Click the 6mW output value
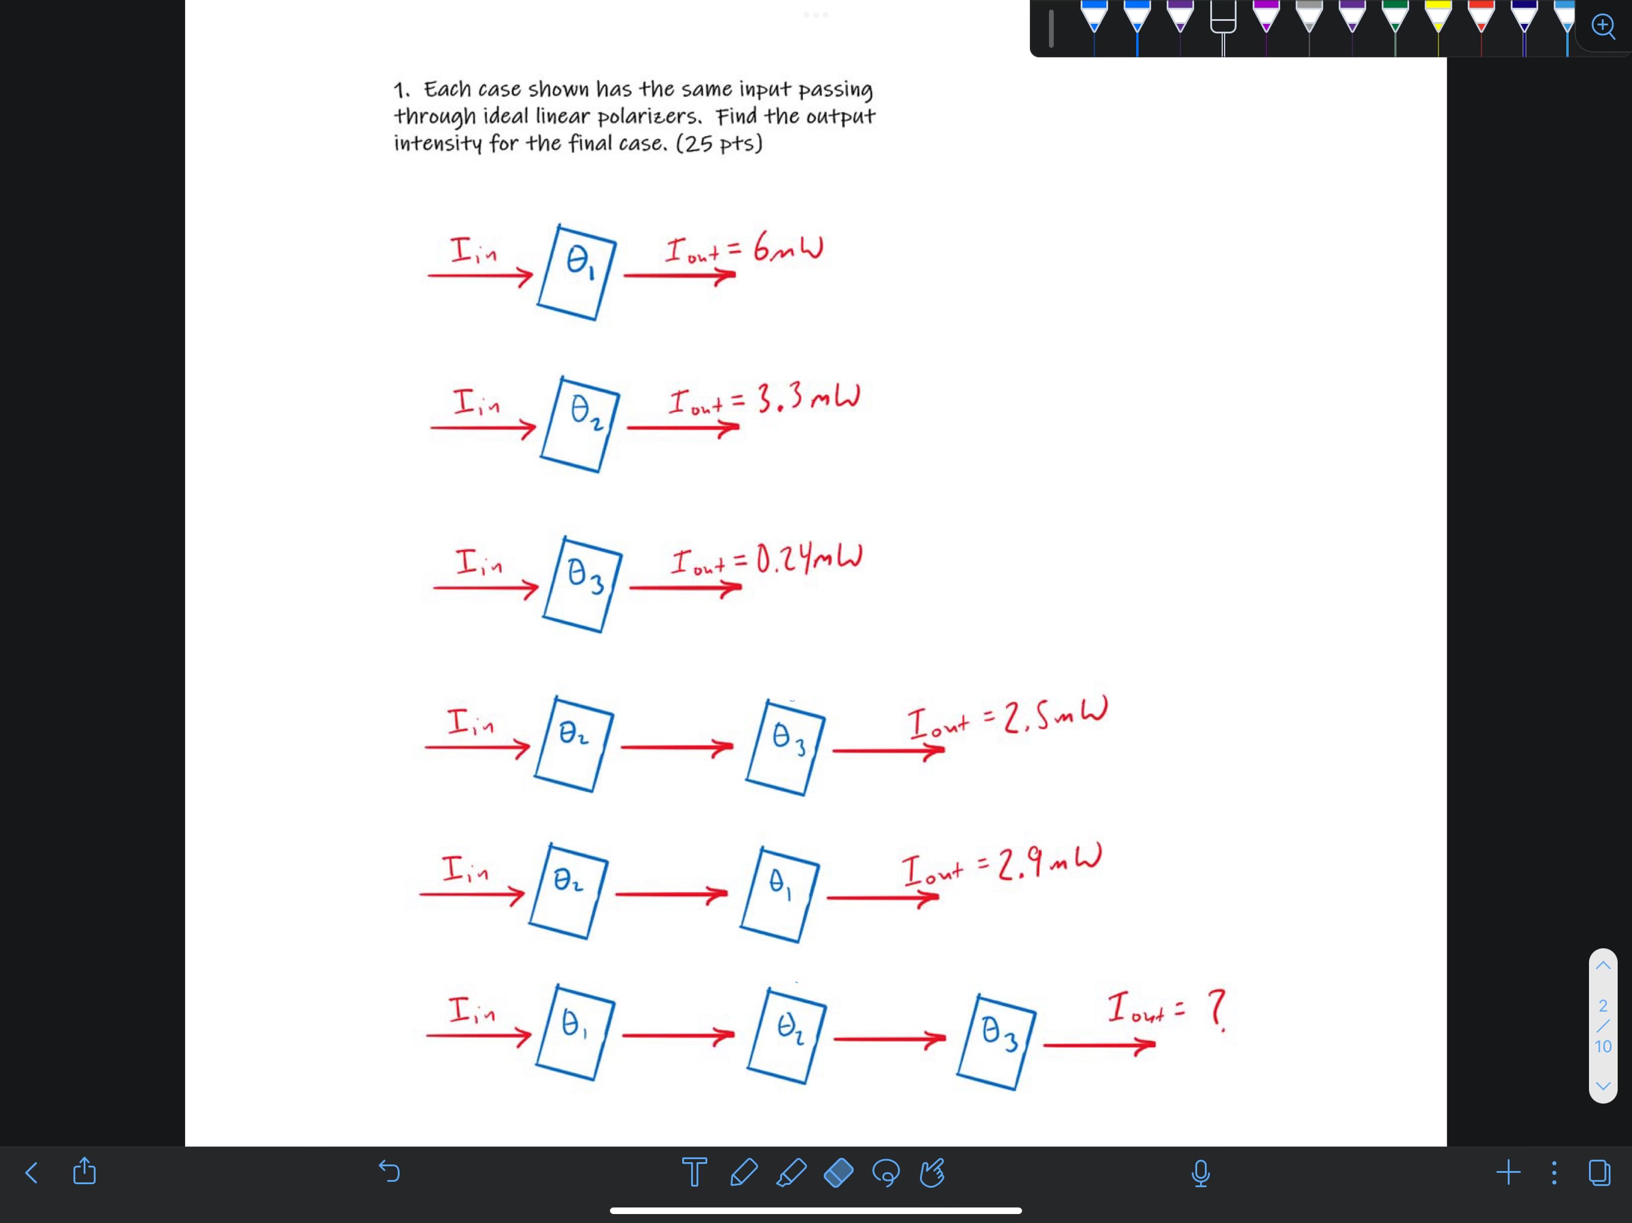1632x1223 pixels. click(x=788, y=248)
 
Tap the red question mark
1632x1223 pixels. click(x=1217, y=1010)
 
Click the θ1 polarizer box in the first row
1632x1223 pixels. click(x=577, y=273)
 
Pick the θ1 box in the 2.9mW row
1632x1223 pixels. click(x=780, y=894)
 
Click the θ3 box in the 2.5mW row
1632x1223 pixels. click(x=786, y=747)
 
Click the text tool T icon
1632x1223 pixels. click(x=694, y=1172)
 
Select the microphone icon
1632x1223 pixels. click(x=1200, y=1172)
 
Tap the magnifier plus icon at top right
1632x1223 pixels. click(x=1603, y=26)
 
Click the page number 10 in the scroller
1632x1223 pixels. click(x=1603, y=1046)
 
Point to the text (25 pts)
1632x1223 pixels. click(x=719, y=143)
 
